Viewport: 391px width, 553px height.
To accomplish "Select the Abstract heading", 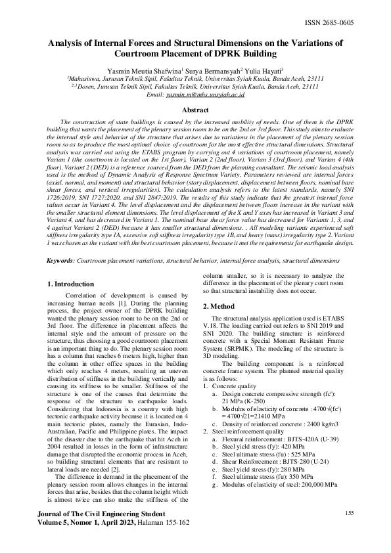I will [195, 110].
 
